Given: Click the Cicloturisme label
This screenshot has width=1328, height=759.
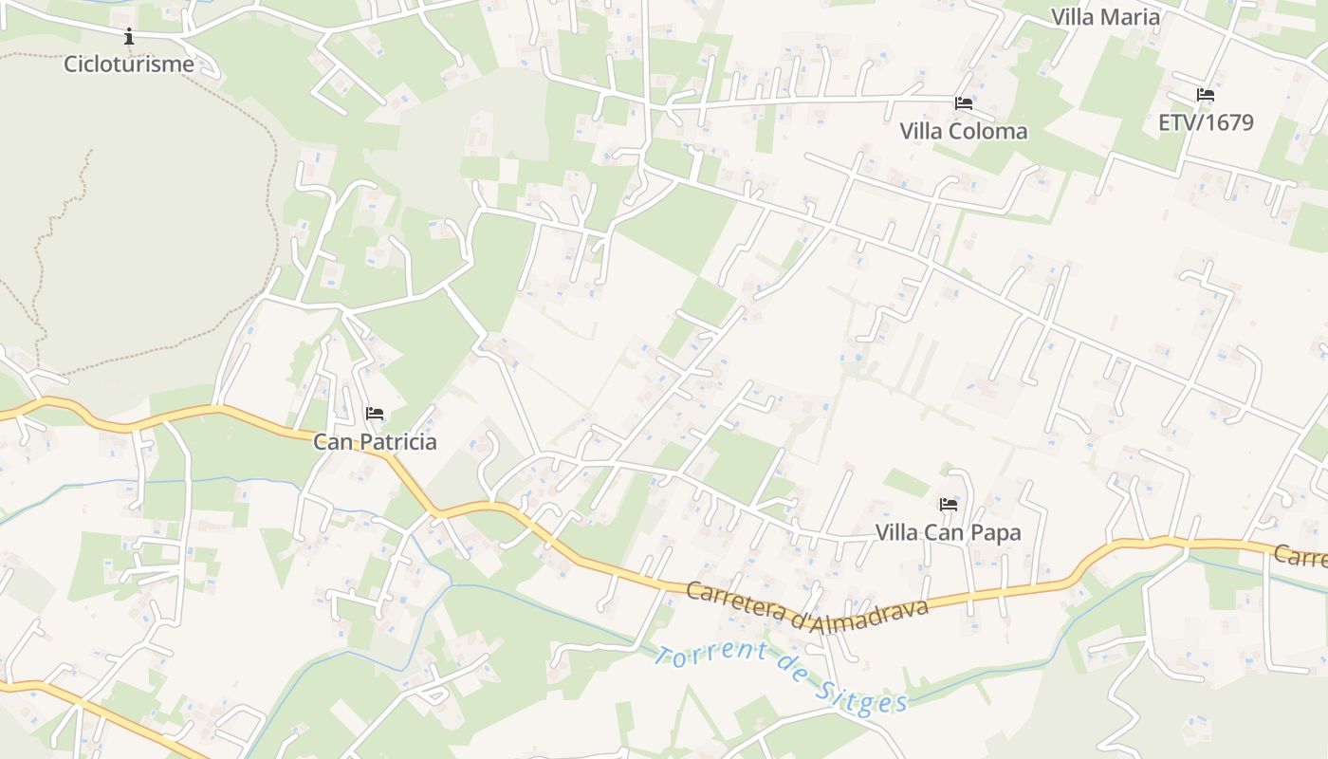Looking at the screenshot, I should (128, 65).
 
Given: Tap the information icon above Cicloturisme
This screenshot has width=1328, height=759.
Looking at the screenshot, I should (129, 37).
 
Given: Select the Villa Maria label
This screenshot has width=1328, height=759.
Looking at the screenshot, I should (1105, 17).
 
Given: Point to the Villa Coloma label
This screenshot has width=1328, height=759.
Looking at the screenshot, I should (963, 131).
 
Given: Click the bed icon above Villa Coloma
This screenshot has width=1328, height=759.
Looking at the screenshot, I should (964, 102).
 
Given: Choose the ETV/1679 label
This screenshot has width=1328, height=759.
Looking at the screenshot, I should (1206, 122).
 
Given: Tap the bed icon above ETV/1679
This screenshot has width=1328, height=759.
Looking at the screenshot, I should (1206, 95).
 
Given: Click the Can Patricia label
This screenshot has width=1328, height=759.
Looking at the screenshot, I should (375, 442).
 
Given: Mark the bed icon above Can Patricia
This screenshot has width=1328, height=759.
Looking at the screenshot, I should (375, 414).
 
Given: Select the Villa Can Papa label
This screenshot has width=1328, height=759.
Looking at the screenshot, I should (948, 532).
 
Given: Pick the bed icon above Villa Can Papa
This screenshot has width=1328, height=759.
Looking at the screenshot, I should (948, 504).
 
